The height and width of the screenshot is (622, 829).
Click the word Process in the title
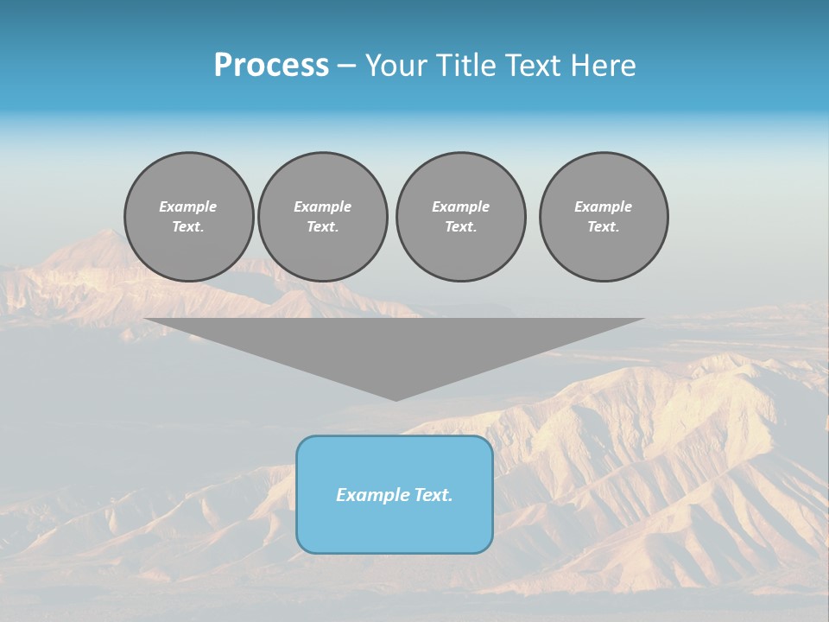(x=271, y=66)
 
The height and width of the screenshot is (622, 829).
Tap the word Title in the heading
(x=466, y=66)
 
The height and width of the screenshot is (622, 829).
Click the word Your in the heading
(x=396, y=66)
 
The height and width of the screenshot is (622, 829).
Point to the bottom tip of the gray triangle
(x=396, y=399)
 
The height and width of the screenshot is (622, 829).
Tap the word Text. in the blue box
(x=433, y=495)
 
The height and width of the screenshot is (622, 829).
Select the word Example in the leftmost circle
(x=188, y=206)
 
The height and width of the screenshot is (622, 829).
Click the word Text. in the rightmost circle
(x=604, y=227)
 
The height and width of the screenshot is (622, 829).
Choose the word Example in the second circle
(x=322, y=206)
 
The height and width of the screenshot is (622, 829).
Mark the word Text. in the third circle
(x=460, y=227)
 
